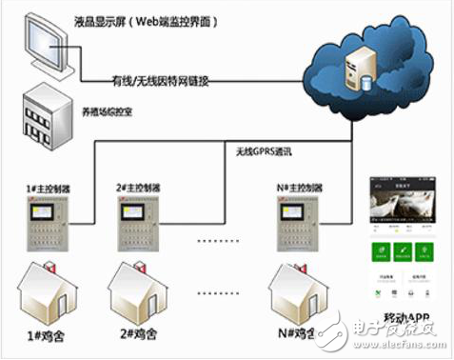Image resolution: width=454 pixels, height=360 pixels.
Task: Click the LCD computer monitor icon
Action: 45,45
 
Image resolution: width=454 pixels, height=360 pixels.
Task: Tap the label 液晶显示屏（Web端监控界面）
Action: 158,20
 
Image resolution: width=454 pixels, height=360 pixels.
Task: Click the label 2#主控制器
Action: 141,187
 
